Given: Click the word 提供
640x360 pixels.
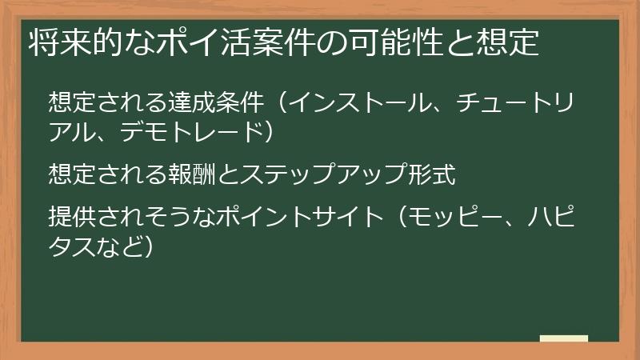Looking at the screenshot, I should click(72, 215).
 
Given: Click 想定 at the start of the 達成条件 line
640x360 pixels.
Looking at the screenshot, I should click(72, 103).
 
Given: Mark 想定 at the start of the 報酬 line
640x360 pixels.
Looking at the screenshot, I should click(72, 172).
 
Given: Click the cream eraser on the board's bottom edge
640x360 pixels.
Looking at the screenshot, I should click(563, 339).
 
